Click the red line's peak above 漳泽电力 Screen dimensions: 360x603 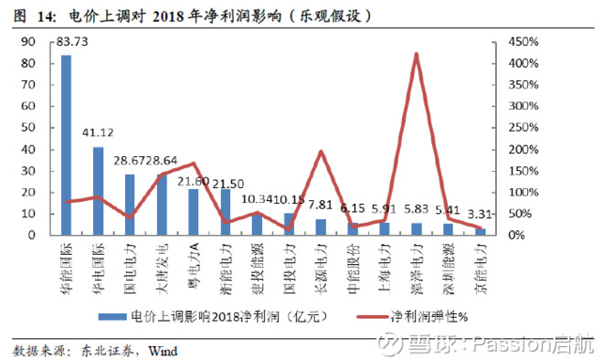(417, 54)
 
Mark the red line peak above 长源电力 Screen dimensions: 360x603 (322, 152)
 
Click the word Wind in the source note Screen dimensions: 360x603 (161, 349)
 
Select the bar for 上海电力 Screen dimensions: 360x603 (384, 228)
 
